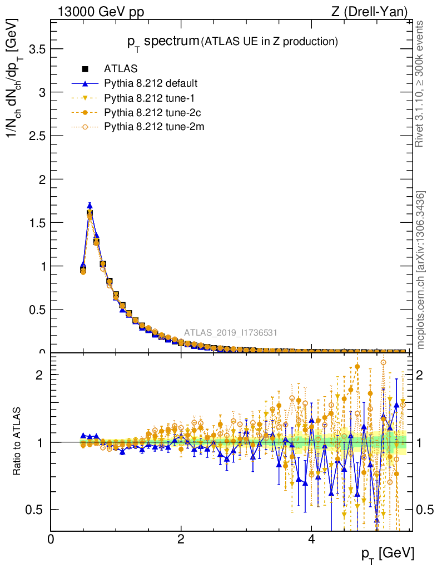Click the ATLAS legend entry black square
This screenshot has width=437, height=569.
[x=85, y=69]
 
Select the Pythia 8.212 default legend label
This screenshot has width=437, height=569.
[x=151, y=84]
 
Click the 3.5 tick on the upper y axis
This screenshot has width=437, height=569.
[x=35, y=49]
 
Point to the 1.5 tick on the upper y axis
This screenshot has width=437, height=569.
[x=35, y=222]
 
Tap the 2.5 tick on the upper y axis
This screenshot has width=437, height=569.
[x=35, y=136]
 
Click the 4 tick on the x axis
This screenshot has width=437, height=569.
[x=311, y=539]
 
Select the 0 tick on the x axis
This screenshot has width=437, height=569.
[x=51, y=539]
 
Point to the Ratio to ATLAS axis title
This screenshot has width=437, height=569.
[x=18, y=442]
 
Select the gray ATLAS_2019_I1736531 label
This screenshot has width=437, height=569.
[x=231, y=333]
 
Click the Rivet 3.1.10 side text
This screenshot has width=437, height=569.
[x=421, y=83]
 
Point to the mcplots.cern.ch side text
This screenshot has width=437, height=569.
[x=421, y=269]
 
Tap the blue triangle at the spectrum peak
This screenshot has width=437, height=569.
[x=90, y=205]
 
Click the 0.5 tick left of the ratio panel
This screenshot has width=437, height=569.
[x=35, y=510]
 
